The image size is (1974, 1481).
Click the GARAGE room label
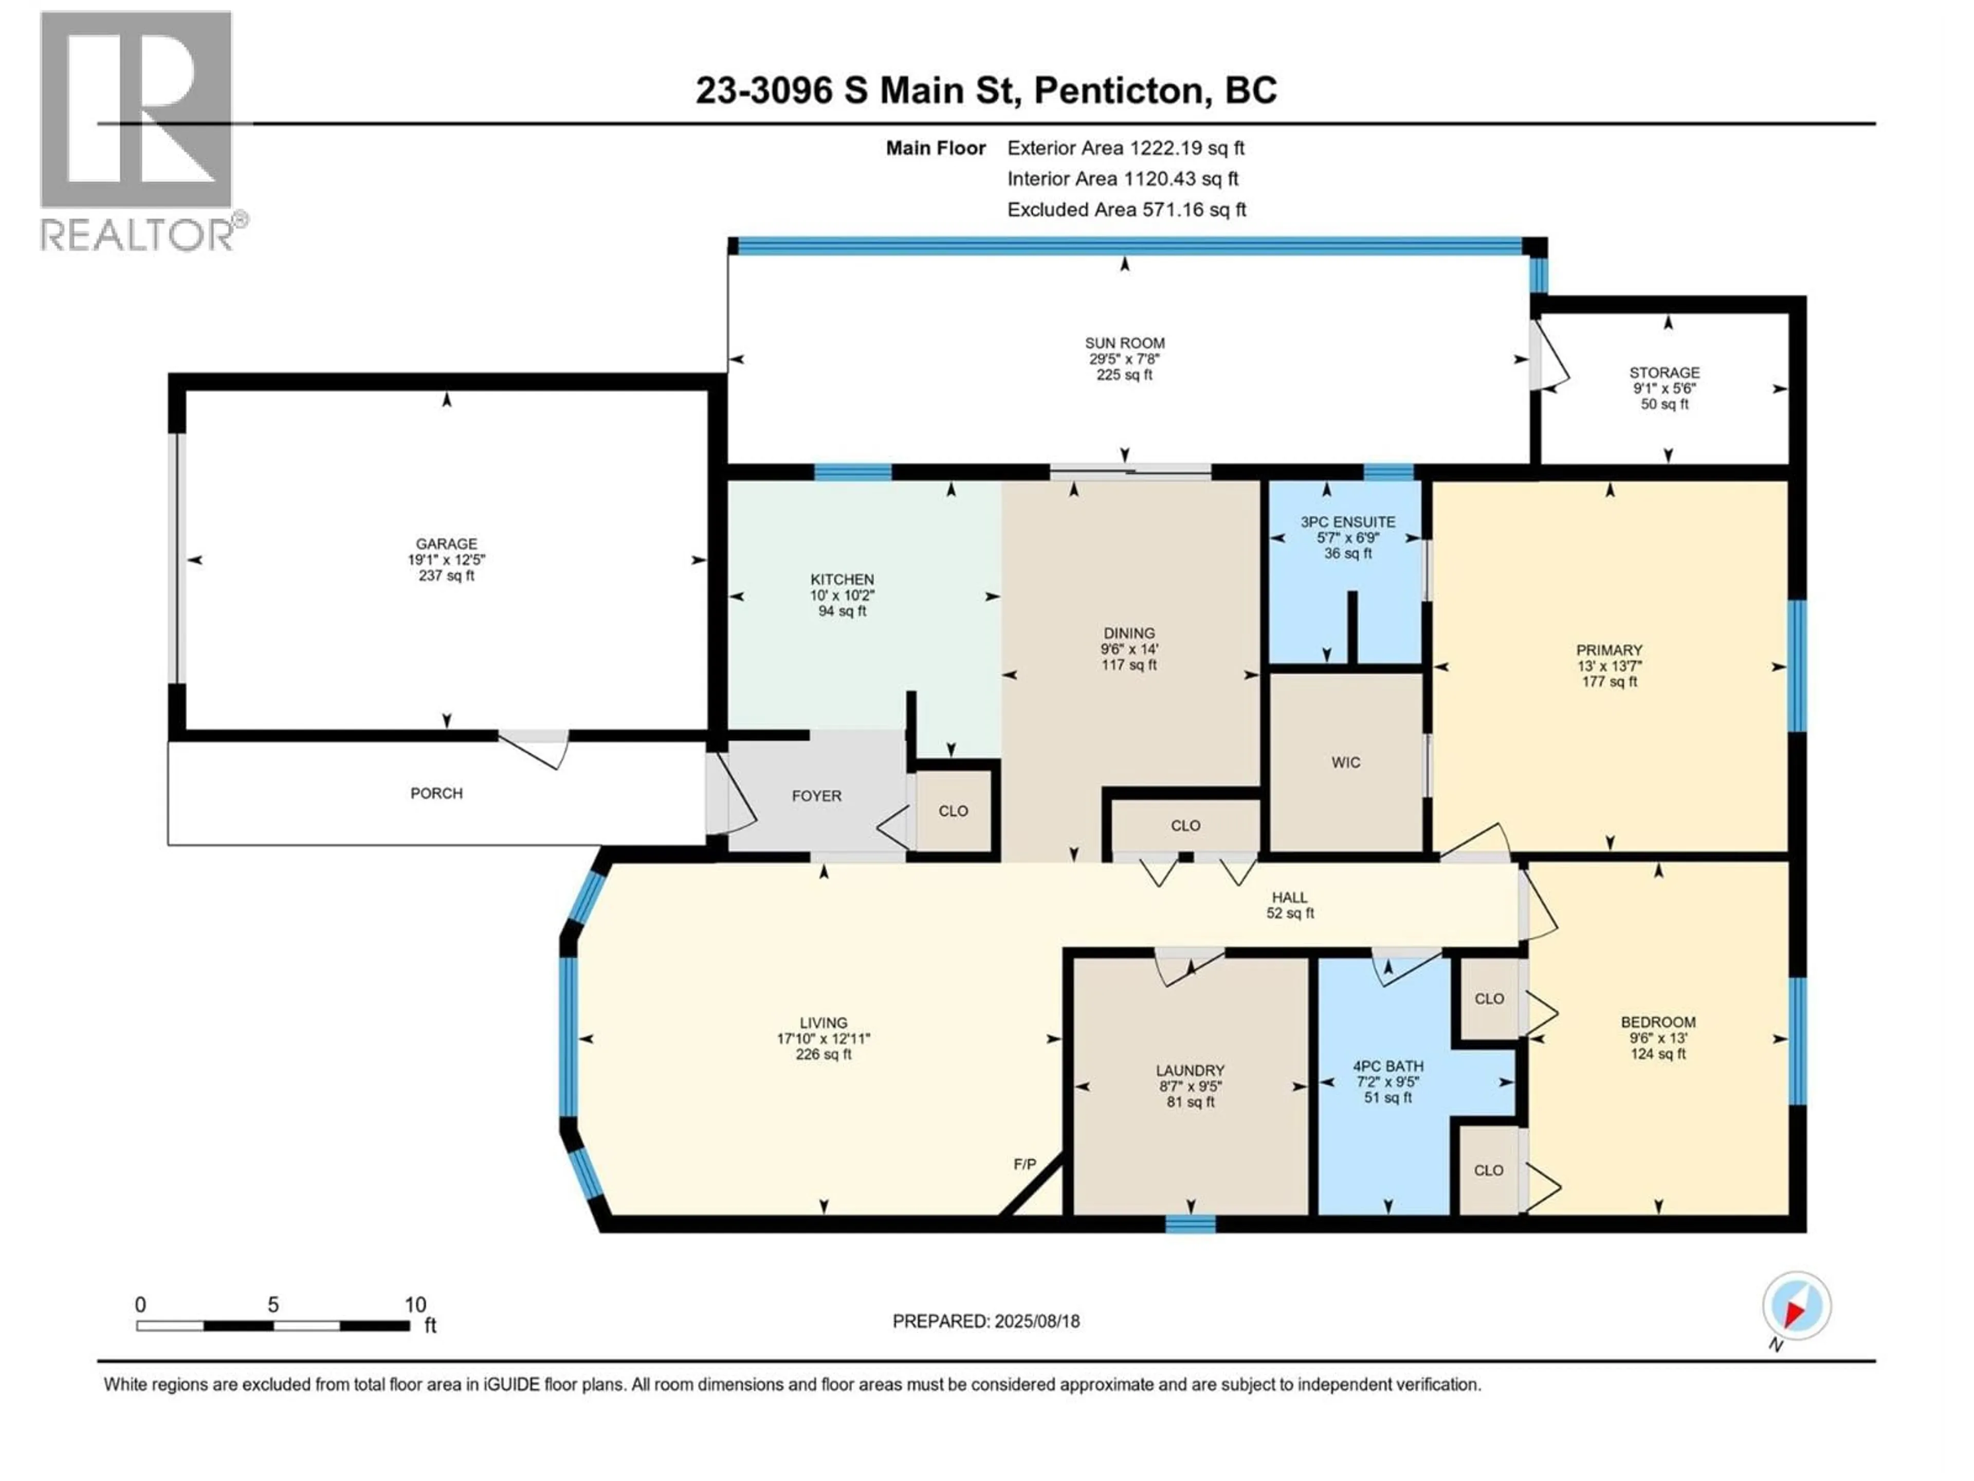[x=446, y=544]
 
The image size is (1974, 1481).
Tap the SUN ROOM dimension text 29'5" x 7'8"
[x=1124, y=359]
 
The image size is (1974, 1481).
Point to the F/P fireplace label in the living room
[x=1025, y=1164]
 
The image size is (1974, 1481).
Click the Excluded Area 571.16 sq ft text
[x=1126, y=210]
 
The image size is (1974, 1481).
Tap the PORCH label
[x=436, y=793]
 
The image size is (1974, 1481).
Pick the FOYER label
[x=816, y=796]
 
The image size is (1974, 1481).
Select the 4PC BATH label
[x=1387, y=1066]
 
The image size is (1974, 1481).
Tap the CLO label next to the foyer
[x=953, y=810]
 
